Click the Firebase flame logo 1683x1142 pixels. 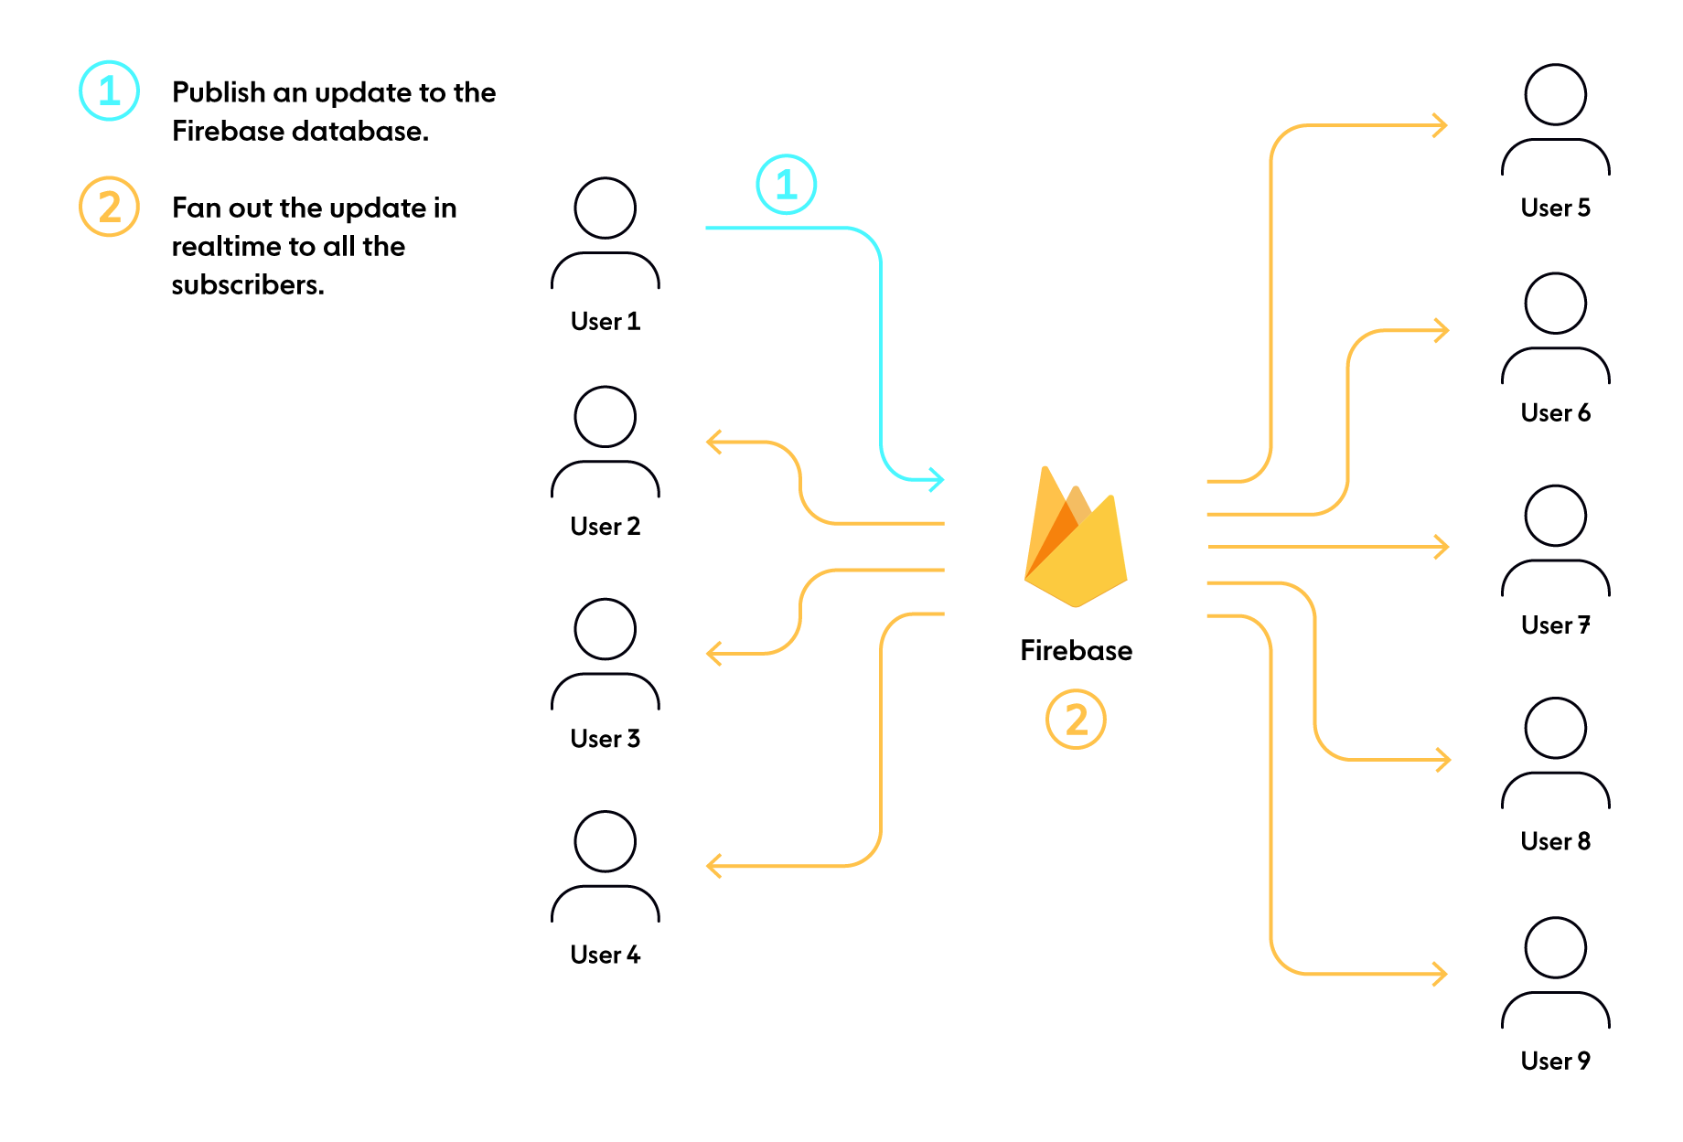(1076, 539)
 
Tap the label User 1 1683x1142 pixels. (605, 322)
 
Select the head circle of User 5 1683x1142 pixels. (1555, 94)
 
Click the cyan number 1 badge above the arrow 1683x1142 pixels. (786, 185)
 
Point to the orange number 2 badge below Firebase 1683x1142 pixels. (1076, 720)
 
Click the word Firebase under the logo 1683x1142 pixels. (1076, 650)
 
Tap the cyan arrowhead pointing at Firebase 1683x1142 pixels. (937, 479)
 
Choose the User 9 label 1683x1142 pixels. (1555, 1061)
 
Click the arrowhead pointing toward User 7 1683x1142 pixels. (1442, 547)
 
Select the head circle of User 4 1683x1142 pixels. (605, 841)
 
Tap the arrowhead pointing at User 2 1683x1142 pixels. (714, 443)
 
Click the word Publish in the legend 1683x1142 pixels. (219, 92)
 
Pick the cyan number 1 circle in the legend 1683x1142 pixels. (109, 91)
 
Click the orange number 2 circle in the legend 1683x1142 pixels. (109, 207)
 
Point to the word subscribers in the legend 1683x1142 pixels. (247, 285)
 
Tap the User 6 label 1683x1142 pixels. (1555, 413)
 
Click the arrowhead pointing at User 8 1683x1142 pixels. (1443, 759)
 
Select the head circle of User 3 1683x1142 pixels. (605, 629)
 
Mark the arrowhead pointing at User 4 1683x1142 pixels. (714, 865)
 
